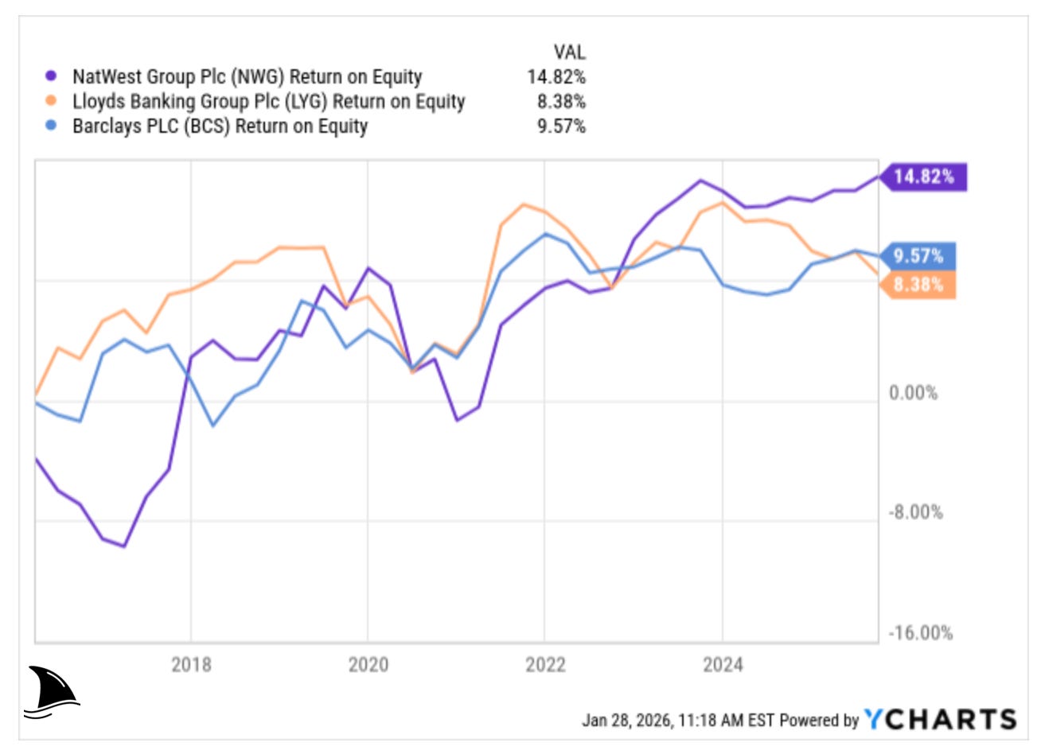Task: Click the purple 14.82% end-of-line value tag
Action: [923, 176]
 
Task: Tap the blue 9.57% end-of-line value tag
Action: [918, 256]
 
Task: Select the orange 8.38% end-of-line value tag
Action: [918, 285]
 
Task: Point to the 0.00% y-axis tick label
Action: [913, 393]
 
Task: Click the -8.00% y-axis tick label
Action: [915, 512]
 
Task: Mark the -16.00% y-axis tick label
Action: [919, 633]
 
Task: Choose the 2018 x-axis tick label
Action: [191, 664]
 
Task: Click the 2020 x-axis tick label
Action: [368, 664]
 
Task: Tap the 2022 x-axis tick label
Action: [545, 664]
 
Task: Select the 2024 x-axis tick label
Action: [723, 664]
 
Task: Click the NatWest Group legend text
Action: [247, 77]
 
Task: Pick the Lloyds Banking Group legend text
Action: [268, 102]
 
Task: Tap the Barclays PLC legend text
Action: [220, 126]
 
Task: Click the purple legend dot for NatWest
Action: [52, 77]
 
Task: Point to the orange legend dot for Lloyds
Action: [52, 102]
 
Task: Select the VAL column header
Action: [569, 52]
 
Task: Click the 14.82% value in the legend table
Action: [556, 77]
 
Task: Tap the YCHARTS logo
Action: [940, 720]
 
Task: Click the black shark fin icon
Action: [51, 692]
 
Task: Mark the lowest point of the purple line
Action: [124, 546]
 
